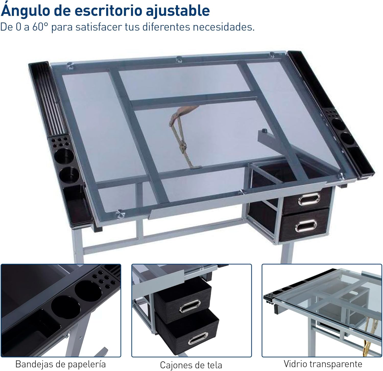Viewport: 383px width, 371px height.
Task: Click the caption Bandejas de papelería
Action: pyautogui.click(x=61, y=364)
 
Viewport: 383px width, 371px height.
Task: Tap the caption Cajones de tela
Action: pyautogui.click(x=191, y=365)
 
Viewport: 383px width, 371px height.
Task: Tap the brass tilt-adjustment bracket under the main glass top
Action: pyautogui.click(x=183, y=138)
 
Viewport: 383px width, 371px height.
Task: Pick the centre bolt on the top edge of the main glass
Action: pyautogui.click(x=179, y=59)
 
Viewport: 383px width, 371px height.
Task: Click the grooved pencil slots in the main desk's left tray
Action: pyautogui.click(x=50, y=102)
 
